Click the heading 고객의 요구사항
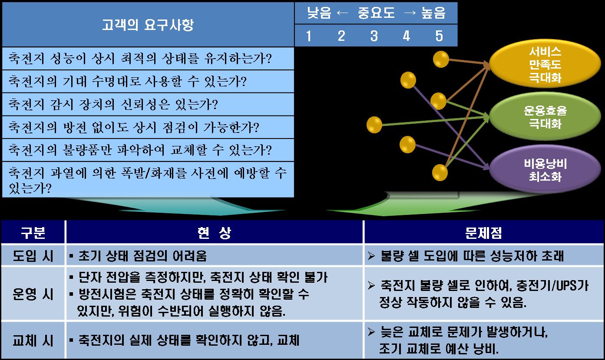point(148,25)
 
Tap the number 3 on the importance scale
point(374,36)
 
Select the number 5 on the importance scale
point(439,36)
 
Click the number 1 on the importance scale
point(309,36)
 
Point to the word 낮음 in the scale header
point(319,13)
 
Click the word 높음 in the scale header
point(433,13)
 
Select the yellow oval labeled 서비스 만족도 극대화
point(545,64)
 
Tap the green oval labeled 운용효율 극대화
point(545,116)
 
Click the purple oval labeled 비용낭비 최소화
point(545,169)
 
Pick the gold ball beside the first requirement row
point(441,59)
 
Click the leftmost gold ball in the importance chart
point(374,125)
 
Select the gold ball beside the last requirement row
point(440,172)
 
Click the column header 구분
point(33,232)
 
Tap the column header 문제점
point(483,232)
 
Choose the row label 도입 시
point(33,256)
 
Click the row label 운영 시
point(33,294)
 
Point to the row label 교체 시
point(33,340)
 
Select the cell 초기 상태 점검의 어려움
point(142,256)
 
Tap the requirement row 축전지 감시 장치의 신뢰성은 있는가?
point(113,104)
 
